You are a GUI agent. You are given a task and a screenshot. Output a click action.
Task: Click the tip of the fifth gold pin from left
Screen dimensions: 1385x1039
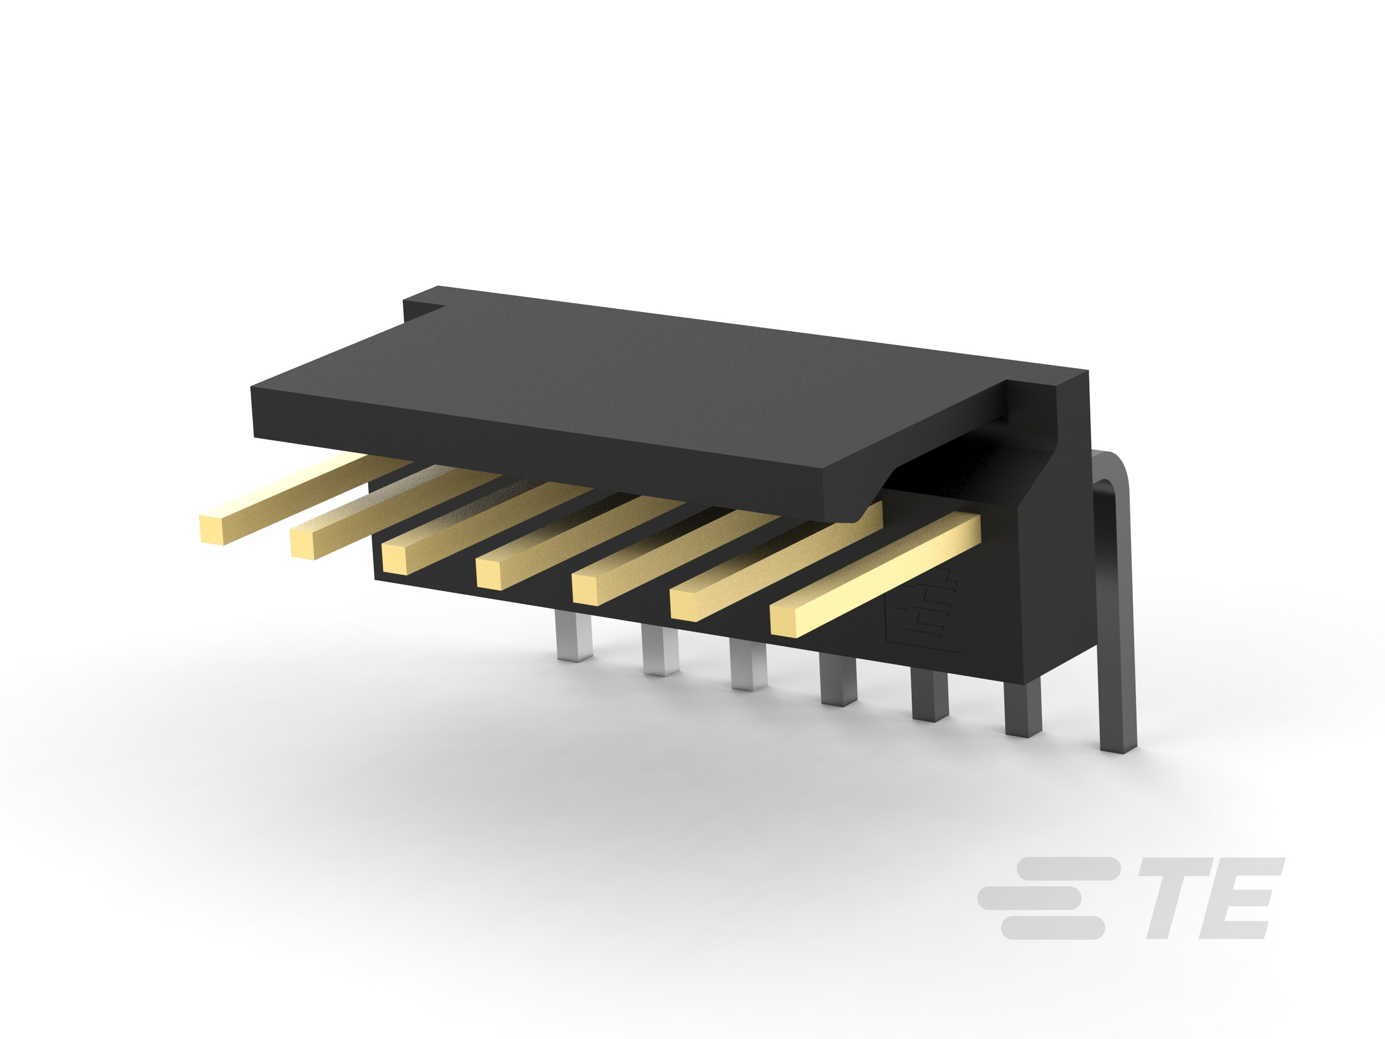587,589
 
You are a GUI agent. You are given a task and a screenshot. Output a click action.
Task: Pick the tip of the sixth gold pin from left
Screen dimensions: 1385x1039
685,605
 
